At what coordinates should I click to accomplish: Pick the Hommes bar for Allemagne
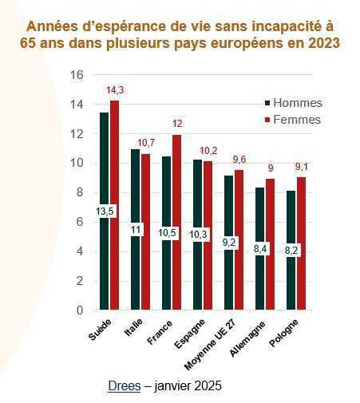point(259,271)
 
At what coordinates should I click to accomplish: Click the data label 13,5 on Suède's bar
point(104,211)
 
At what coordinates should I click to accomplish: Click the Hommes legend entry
point(292,102)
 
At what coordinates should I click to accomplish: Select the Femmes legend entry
point(291,120)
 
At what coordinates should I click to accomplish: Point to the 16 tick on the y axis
point(77,75)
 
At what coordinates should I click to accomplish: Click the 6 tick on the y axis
point(80,222)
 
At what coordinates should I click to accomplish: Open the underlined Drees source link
point(122,385)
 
